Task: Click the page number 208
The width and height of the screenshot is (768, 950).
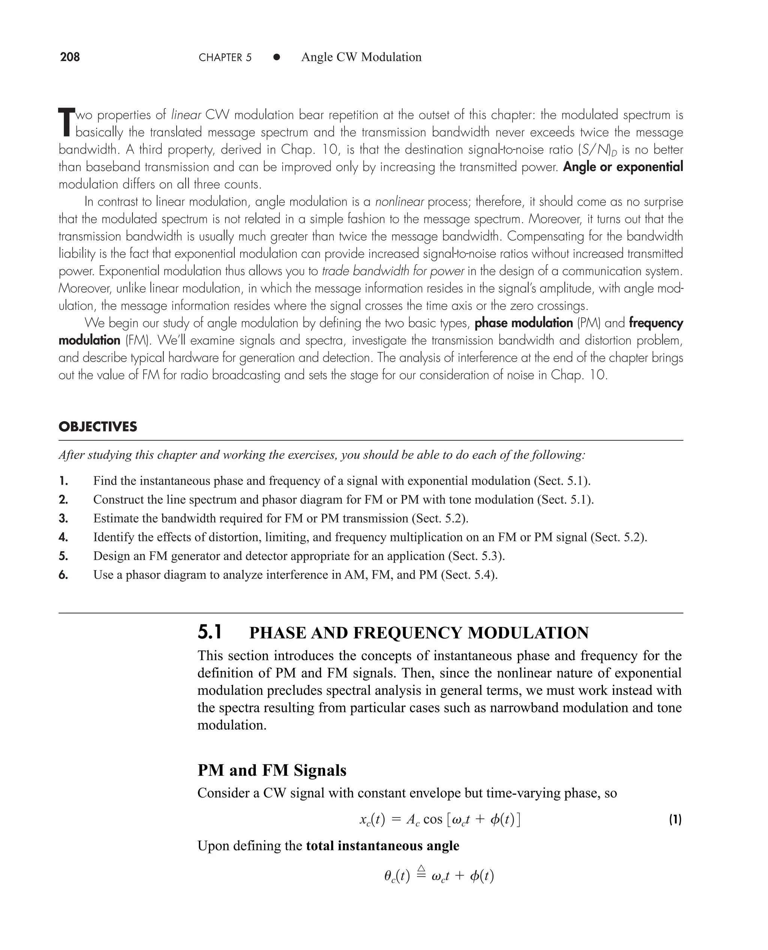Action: point(70,57)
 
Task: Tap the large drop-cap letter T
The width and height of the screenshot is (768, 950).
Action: point(66,123)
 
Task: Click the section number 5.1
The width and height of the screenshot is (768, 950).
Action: point(210,633)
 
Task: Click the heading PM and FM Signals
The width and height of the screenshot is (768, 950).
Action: point(271,770)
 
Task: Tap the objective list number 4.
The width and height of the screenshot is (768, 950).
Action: point(63,537)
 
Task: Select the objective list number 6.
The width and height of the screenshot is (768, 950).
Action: point(63,575)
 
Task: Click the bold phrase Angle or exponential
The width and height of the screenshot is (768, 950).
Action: point(623,167)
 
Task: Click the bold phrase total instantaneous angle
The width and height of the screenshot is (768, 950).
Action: point(382,846)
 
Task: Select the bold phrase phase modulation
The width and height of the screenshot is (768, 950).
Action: point(524,323)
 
